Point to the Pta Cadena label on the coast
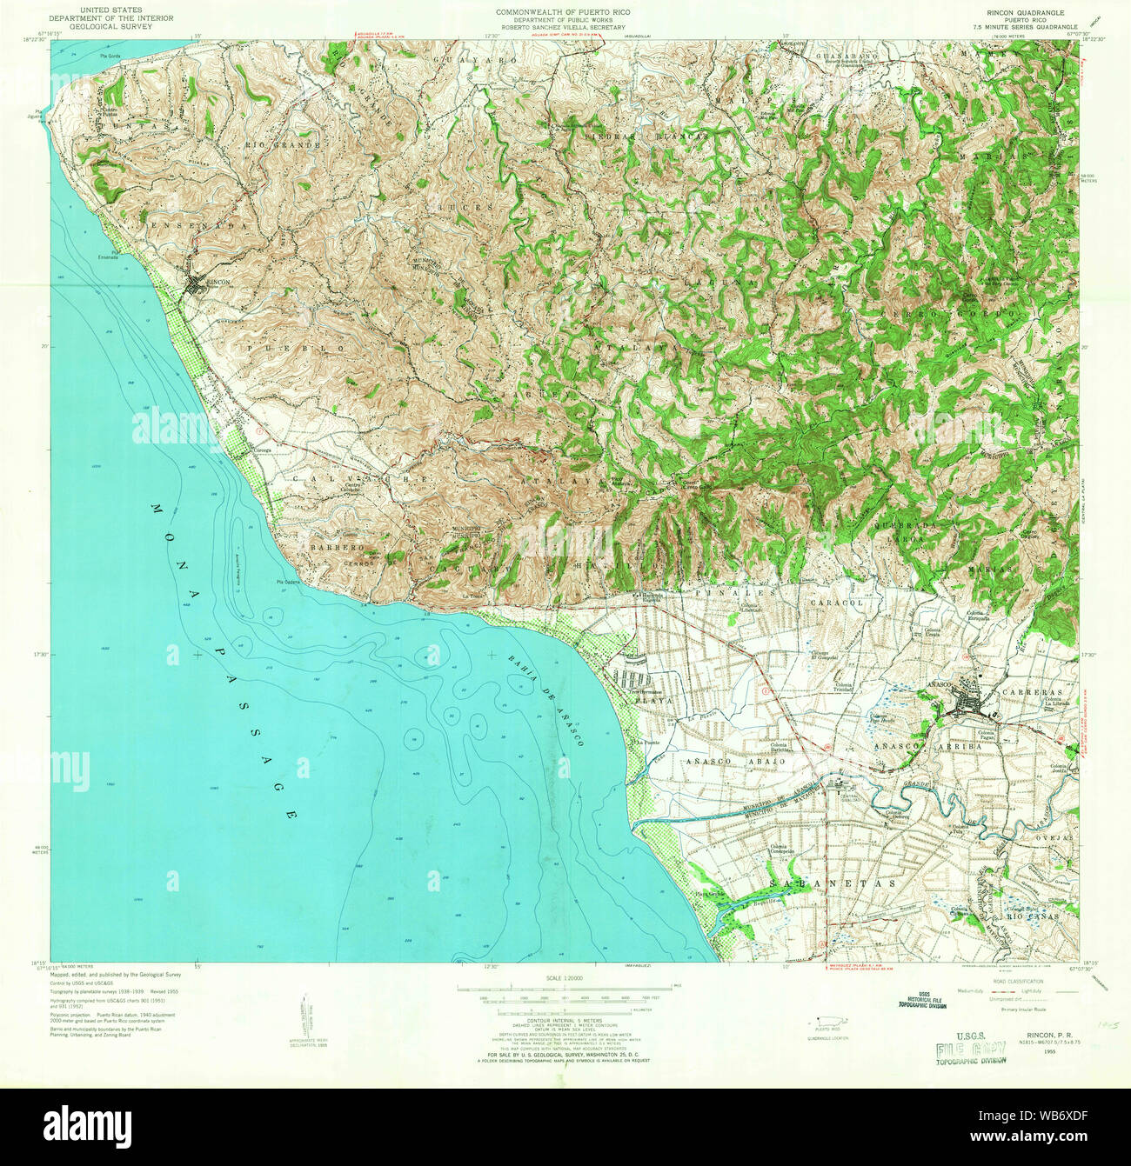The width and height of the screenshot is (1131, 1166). coord(288,583)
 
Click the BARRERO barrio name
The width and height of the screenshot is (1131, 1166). coord(335,548)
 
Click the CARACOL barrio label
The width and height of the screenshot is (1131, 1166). coord(836,602)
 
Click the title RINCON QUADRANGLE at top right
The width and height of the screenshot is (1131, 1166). coord(1007,13)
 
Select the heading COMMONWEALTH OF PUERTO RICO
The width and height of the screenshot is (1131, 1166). coord(563,12)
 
